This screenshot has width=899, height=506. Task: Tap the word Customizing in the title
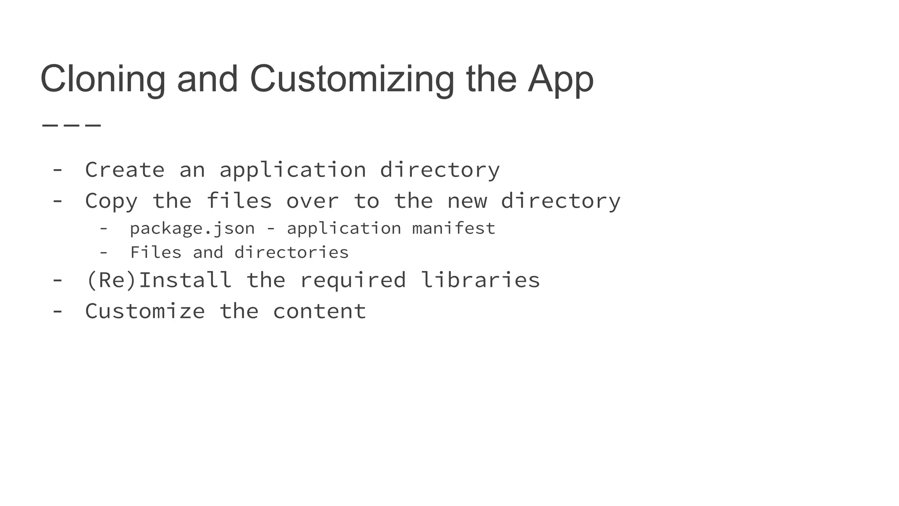tap(352, 79)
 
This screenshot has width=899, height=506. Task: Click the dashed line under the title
tap(72, 125)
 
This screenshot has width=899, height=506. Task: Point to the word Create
tap(125, 170)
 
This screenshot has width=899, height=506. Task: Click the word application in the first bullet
tap(292, 170)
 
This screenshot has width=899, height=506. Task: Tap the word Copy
tap(111, 201)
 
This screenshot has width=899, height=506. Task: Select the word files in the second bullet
tap(239, 201)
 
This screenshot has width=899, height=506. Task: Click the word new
tap(467, 201)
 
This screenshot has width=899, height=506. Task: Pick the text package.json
tap(192, 228)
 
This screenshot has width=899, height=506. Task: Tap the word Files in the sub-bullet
tap(155, 253)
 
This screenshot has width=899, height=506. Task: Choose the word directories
tap(291, 253)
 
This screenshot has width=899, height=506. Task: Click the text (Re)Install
tap(159, 280)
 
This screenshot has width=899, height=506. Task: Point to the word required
tap(352, 280)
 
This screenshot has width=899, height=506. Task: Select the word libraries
tap(480, 280)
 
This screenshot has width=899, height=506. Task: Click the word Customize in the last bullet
tap(145, 311)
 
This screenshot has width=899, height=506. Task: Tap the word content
tap(319, 311)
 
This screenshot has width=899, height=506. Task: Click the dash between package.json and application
tap(271, 228)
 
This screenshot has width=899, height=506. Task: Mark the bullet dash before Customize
tap(58, 311)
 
